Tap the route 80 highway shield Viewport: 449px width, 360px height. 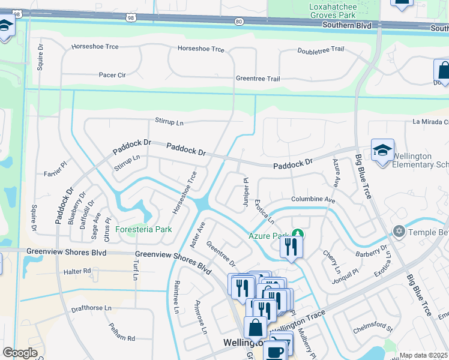(240, 22)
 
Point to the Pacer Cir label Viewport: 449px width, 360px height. (112, 75)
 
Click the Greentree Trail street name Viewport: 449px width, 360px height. (258, 79)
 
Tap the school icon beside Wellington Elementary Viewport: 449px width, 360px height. (382, 151)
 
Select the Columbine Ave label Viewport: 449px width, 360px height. (313, 199)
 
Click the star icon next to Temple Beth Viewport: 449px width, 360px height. (398, 231)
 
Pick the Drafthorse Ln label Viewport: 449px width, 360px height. (91, 308)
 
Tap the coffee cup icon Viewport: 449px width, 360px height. (276, 351)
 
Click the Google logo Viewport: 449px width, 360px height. (20, 353)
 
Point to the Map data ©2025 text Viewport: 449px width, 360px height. (424, 355)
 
